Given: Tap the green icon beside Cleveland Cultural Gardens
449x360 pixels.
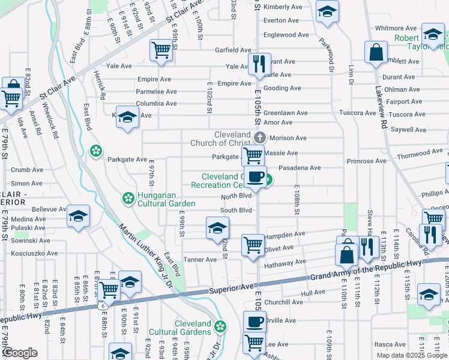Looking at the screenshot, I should (x=221, y=327).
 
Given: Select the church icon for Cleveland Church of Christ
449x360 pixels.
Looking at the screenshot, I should (x=260, y=137).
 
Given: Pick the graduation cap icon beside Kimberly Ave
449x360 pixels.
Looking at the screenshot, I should (x=327, y=11).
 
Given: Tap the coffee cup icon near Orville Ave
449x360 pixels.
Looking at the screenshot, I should (x=254, y=322).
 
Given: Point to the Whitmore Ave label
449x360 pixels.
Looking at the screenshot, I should (x=396, y=28).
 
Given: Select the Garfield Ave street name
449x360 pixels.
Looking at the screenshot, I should (x=234, y=50).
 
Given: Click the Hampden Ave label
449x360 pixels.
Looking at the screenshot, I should (x=285, y=235).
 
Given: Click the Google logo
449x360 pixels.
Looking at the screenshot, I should (x=20, y=353).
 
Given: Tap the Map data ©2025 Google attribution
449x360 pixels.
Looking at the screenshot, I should (x=412, y=355).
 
